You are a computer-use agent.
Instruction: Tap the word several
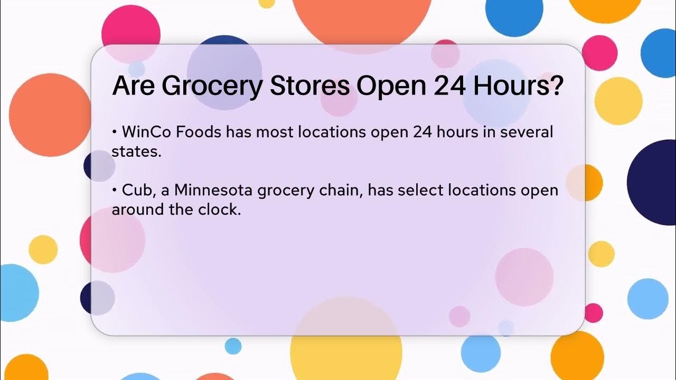click(526, 131)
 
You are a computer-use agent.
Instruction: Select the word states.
click(135, 152)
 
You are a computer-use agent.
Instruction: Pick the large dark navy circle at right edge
click(655, 182)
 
